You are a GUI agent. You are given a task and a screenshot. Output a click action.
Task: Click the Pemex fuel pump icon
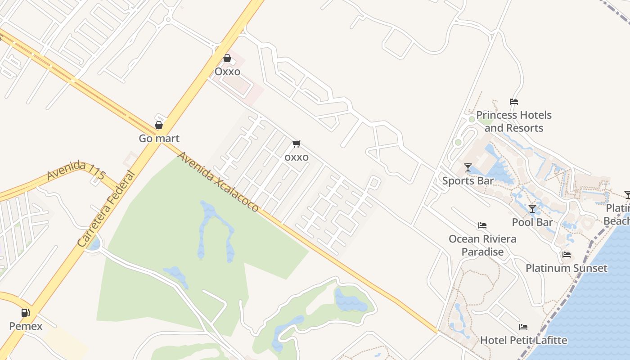pos(26,312)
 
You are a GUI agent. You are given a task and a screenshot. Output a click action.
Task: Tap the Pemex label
pos(26,326)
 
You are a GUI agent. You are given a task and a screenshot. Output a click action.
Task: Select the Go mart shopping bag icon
pos(159,125)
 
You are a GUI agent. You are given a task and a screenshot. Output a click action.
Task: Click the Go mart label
pos(159,138)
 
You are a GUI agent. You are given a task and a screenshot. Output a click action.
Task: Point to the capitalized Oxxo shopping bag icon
pos(227,58)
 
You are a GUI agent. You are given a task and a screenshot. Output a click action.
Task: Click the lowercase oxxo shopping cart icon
pos(296,144)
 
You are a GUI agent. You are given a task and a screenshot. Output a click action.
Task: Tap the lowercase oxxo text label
pos(296,157)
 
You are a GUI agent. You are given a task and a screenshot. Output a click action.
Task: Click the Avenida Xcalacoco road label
pos(218,182)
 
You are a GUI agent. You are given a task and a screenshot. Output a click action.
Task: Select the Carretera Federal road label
pos(106,208)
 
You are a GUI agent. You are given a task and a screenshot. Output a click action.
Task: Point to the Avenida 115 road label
pos(72,171)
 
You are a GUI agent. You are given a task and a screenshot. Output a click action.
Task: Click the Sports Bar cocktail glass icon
pos(468,167)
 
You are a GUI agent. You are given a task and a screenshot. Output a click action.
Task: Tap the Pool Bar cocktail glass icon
pos(532,209)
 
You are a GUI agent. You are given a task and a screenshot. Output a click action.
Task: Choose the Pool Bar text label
pos(532,222)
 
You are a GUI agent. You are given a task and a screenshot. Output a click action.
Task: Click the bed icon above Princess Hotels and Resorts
pos(514,102)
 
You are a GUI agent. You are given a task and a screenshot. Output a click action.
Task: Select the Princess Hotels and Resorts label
pos(514,121)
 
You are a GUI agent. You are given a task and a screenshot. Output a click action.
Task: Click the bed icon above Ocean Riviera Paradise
pos(482,225)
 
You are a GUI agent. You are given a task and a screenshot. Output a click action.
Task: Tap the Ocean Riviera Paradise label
pos(482,245)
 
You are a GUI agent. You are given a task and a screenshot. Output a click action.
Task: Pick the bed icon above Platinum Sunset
pos(567,255)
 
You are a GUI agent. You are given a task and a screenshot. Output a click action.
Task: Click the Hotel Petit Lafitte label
pos(523,340)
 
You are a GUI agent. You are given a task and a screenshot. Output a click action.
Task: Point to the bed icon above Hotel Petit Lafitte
pos(523,327)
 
